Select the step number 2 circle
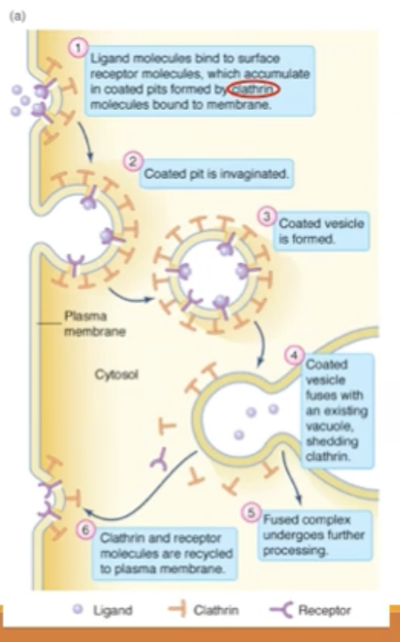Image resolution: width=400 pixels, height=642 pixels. (132, 161)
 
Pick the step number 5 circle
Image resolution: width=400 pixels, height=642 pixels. (251, 514)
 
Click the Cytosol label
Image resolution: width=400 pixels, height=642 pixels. (115, 376)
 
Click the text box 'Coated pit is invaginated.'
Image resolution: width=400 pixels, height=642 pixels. (216, 172)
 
